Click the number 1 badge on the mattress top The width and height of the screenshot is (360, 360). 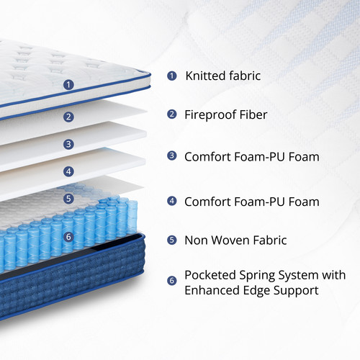(68, 85)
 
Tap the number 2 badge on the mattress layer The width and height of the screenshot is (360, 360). (68, 117)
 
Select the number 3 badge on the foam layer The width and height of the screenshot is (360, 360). (68, 144)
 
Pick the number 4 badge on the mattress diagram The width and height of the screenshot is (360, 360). (68, 171)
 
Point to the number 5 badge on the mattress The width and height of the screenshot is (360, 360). (68, 199)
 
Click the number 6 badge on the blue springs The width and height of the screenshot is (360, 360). (68, 237)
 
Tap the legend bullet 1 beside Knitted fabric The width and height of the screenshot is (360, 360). (171, 76)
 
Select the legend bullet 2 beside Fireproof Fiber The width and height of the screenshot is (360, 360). (171, 114)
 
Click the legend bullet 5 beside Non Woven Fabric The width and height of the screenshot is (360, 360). (171, 240)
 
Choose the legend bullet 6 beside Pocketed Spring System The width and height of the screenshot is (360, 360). (171, 280)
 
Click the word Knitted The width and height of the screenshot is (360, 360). (205, 76)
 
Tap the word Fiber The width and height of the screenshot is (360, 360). (253, 114)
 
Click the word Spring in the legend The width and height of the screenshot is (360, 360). (257, 276)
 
